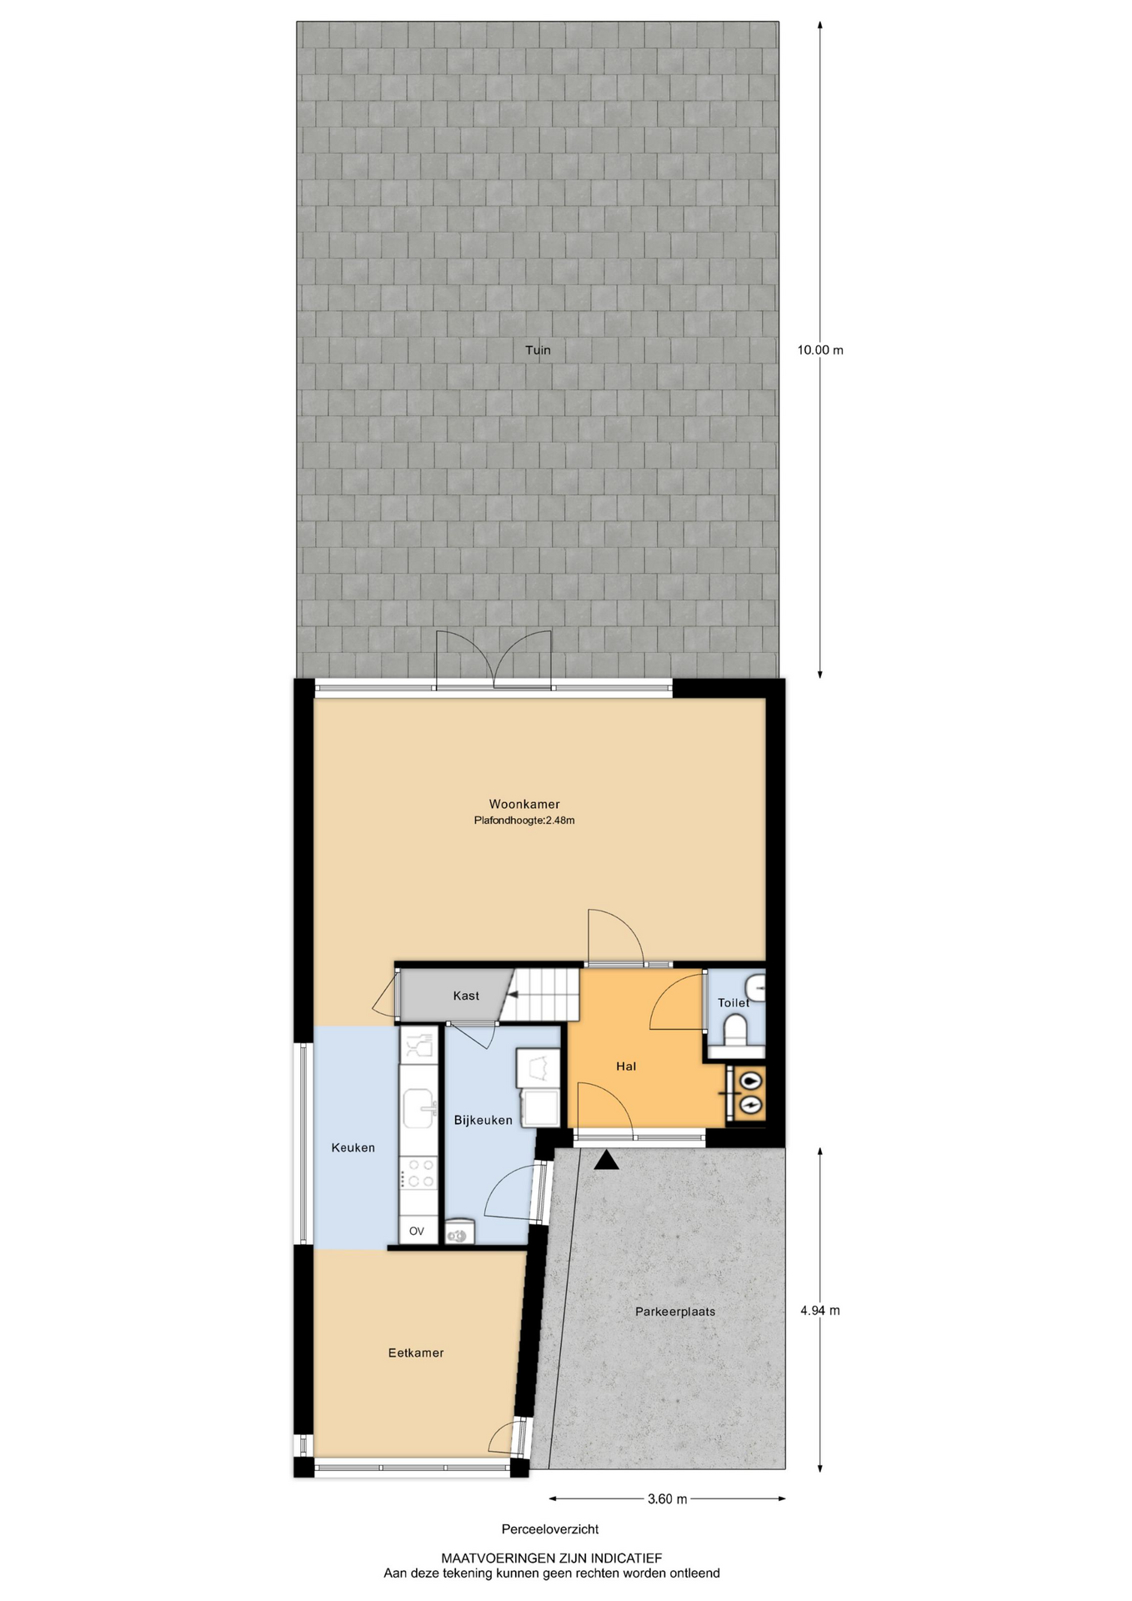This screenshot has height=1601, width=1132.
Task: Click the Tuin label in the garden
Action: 538,350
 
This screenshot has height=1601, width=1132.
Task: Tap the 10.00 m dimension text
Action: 820,350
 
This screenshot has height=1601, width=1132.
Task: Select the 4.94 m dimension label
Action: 820,1310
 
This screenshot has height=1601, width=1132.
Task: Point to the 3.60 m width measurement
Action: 668,1498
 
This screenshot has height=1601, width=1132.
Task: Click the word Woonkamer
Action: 524,805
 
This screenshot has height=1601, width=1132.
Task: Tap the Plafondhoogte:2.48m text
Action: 524,821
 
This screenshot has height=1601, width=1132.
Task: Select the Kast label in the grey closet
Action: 466,996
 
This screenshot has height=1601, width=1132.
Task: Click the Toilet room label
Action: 734,1002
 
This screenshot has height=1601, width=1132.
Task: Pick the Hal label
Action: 626,1066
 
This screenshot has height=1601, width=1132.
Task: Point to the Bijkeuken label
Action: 483,1120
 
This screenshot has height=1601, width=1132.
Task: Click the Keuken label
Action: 353,1147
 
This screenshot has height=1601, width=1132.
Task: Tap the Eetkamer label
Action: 416,1353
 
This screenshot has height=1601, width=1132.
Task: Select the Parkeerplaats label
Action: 675,1311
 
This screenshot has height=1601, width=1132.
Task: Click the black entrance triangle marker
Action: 607,1160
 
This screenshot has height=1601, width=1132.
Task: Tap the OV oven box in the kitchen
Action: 417,1231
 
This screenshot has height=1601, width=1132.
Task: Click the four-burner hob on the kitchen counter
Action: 418,1173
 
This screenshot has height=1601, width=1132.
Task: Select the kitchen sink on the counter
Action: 419,1107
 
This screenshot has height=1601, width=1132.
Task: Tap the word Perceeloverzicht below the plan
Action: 550,1528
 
